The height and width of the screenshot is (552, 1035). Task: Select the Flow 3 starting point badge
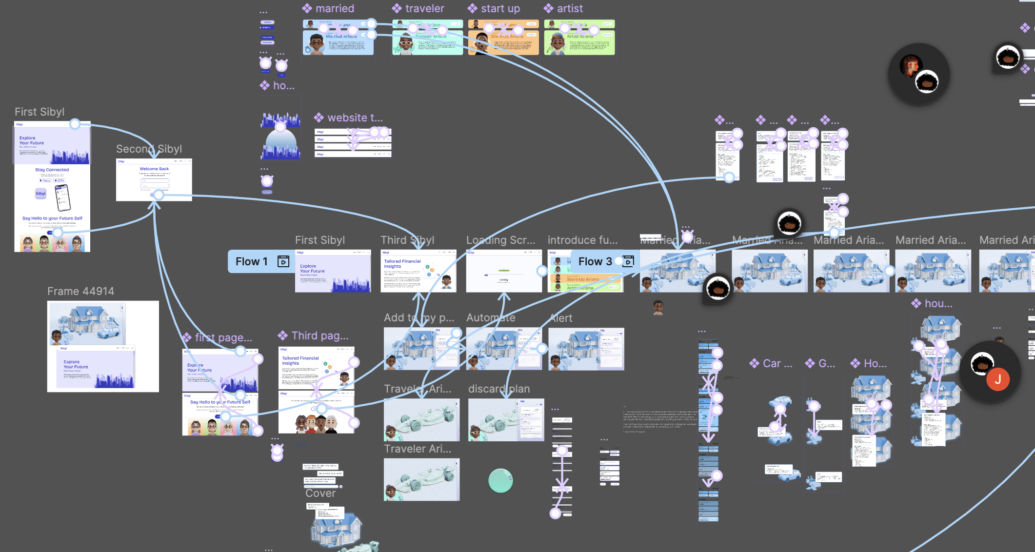tap(604, 262)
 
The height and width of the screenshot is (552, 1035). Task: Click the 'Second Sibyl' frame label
tap(149, 149)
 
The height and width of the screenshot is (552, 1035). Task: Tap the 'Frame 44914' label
tap(80, 292)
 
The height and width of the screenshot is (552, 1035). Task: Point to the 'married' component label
tap(334, 9)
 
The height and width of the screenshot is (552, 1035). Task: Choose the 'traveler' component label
tap(424, 9)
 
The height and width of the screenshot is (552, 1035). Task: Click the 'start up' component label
tap(500, 9)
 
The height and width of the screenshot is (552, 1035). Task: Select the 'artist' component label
tap(569, 9)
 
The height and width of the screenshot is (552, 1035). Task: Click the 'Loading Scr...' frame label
tap(500, 240)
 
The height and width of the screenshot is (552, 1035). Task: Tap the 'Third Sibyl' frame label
tap(407, 240)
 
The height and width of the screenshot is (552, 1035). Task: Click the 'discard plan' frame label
tap(498, 389)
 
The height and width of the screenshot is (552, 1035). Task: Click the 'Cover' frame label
tap(320, 493)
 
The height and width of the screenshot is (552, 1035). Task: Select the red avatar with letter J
tap(997, 379)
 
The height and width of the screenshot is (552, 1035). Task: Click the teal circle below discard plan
tap(500, 481)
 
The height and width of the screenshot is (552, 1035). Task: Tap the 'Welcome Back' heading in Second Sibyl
tap(154, 169)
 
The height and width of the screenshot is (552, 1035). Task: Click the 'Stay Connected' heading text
tap(52, 170)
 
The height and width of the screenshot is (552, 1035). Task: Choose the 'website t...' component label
tap(355, 118)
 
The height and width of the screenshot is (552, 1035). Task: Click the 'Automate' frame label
tap(490, 318)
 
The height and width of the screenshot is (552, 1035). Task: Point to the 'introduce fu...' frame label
tap(582, 240)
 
